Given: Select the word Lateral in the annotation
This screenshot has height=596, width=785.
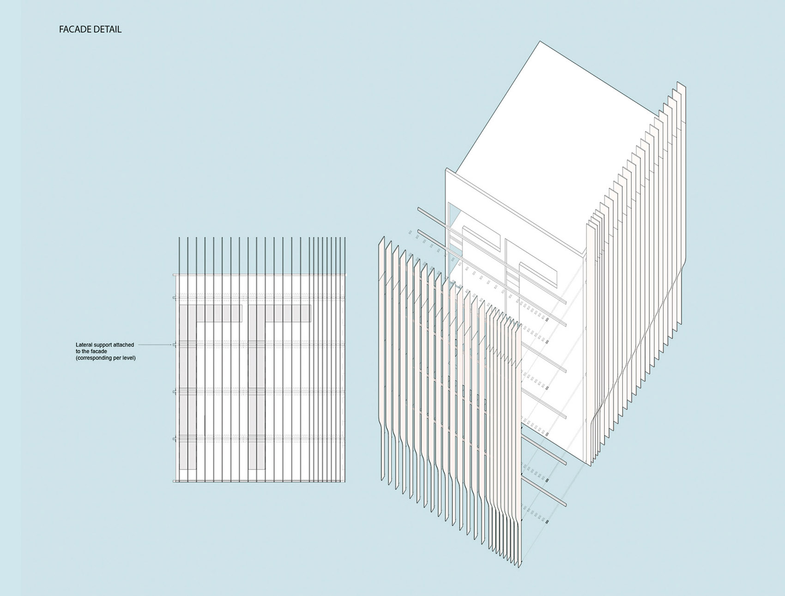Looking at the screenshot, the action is coord(84,345).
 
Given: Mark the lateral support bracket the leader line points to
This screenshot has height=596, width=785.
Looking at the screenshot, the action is coord(175,345).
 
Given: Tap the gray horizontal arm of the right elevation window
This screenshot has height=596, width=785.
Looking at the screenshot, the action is coord(280,313).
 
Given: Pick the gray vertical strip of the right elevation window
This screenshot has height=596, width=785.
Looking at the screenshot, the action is coord(257,387).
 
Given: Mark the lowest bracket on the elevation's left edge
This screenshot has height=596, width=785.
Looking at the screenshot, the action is coord(175,481).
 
